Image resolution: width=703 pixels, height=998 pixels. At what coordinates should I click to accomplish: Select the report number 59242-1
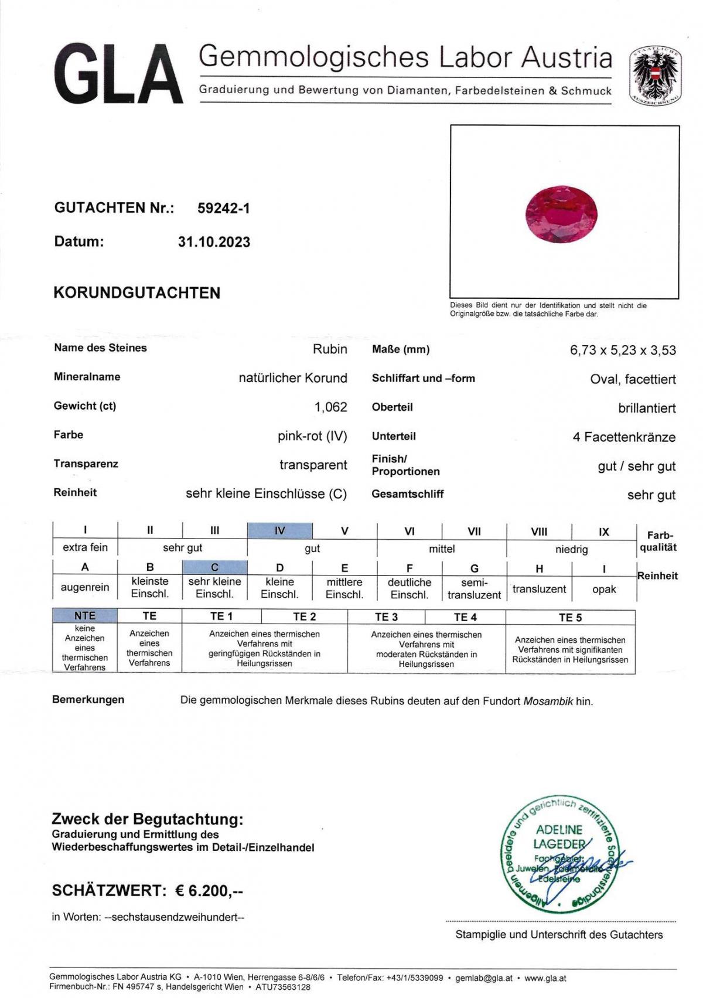coord(224,208)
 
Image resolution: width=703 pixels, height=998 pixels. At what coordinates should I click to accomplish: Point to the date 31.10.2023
coord(214,242)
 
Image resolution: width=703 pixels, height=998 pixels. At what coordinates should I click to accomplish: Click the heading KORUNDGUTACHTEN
coord(137,293)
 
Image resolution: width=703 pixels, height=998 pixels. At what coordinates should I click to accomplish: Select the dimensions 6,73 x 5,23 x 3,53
coord(623,350)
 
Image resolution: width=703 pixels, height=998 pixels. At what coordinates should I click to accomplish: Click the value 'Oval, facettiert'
coord(633,379)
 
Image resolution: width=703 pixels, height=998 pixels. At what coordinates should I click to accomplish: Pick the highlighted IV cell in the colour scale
coord(279,531)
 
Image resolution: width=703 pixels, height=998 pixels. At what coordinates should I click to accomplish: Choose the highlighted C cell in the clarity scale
coord(214,567)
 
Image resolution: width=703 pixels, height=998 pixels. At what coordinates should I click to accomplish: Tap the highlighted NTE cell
coord(85,615)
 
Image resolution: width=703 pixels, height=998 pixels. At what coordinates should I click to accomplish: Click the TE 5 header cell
coord(570,617)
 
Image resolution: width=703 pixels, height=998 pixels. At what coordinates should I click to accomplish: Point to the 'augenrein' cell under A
coord(85,587)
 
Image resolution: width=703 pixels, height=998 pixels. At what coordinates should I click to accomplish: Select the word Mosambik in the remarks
coord(548,701)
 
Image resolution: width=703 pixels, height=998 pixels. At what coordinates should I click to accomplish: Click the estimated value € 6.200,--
coord(209,891)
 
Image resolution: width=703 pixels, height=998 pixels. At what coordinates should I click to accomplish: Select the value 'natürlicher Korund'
coord(293,378)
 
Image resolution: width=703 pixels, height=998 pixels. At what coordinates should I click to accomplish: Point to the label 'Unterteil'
coord(394,436)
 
